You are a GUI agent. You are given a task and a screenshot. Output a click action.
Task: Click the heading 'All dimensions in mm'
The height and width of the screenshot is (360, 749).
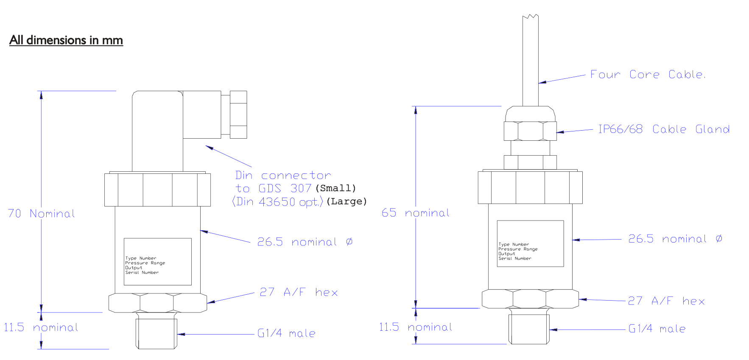click(x=66, y=40)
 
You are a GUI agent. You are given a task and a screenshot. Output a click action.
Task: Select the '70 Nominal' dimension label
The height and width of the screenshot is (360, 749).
click(x=41, y=213)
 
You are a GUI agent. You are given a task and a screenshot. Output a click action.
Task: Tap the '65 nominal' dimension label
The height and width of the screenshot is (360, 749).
click(x=415, y=212)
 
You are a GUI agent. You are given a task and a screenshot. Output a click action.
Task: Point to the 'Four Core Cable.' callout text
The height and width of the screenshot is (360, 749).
click(x=648, y=75)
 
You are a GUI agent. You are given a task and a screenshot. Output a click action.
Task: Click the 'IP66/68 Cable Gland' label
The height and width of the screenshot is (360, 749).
click(x=664, y=129)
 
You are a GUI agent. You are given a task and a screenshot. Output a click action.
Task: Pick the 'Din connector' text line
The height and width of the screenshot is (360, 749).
click(x=283, y=175)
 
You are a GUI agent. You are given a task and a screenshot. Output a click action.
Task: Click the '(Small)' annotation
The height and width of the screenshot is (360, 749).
click(x=335, y=188)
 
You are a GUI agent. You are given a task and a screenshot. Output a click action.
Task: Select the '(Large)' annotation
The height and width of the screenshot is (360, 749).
click(x=346, y=201)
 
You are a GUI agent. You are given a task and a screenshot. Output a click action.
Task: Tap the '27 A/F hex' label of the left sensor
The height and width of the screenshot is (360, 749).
click(x=299, y=292)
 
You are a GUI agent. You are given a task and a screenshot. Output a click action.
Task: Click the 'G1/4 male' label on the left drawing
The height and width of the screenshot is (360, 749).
click(x=286, y=333)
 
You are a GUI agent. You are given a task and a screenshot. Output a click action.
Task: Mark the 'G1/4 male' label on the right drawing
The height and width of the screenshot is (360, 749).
click(x=657, y=329)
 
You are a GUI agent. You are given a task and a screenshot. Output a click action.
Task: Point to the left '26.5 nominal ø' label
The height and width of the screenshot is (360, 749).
click(x=305, y=242)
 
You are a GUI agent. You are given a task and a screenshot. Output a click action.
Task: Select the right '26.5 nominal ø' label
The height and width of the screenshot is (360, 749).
click(x=675, y=239)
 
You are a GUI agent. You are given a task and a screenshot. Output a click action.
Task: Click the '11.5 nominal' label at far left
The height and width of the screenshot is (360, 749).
click(x=41, y=327)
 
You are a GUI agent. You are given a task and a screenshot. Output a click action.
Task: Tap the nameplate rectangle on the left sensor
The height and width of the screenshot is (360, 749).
click(x=157, y=261)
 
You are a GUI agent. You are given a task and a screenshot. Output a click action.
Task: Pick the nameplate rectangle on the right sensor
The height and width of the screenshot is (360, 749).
click(x=530, y=243)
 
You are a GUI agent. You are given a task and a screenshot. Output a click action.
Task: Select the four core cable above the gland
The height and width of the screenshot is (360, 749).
click(x=531, y=59)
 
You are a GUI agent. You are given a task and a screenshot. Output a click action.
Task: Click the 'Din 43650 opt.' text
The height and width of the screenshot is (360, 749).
click(x=277, y=202)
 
